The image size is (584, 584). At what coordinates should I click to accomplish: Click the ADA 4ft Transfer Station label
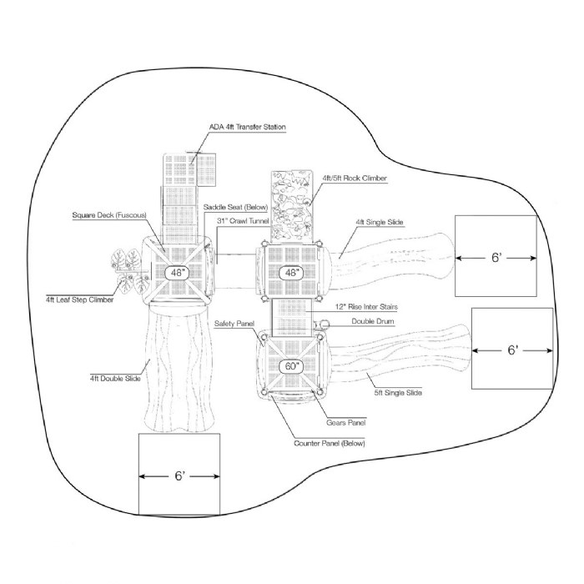coord(248,128)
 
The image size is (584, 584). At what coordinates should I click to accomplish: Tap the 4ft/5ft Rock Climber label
coord(353,178)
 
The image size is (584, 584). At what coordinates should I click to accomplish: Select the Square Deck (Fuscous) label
coord(108,216)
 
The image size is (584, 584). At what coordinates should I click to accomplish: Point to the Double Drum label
coord(373,320)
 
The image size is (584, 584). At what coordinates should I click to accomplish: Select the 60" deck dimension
coord(292,365)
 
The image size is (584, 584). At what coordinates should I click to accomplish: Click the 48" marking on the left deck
coord(177,273)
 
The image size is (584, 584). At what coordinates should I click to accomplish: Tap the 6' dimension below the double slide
coord(179,476)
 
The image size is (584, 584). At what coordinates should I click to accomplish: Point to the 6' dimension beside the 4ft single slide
coord(495,259)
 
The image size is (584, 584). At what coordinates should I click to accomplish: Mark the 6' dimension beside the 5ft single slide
coord(512,351)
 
